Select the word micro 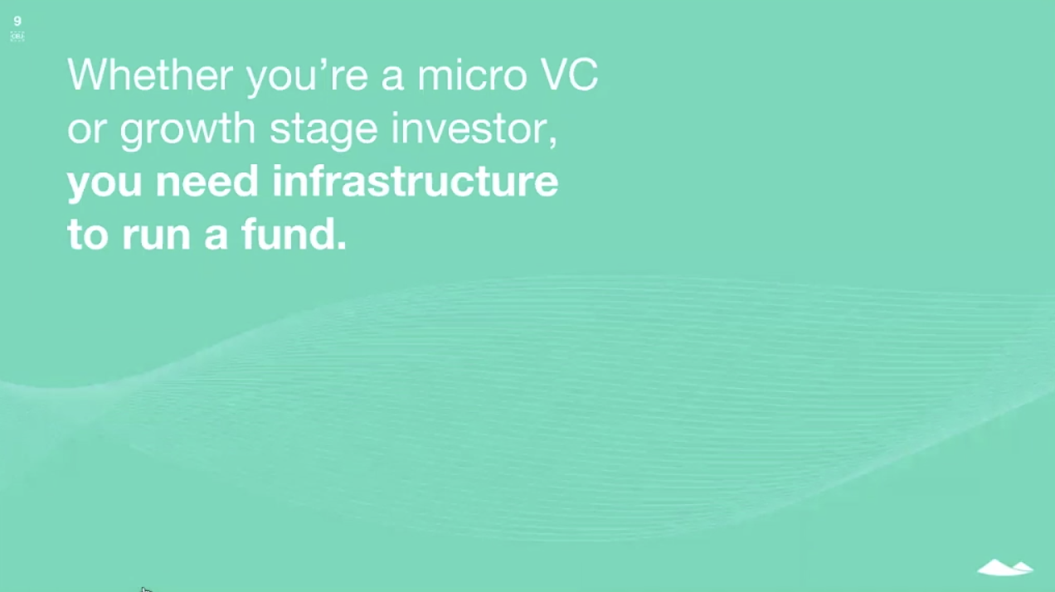tap(471, 75)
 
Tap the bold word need tap(207, 182)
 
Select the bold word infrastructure tap(415, 182)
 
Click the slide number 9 tap(17, 22)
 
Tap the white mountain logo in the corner tap(1004, 568)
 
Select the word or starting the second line tap(86, 130)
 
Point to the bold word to tap(87, 235)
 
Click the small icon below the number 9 tap(17, 36)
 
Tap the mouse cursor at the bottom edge tap(145, 590)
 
